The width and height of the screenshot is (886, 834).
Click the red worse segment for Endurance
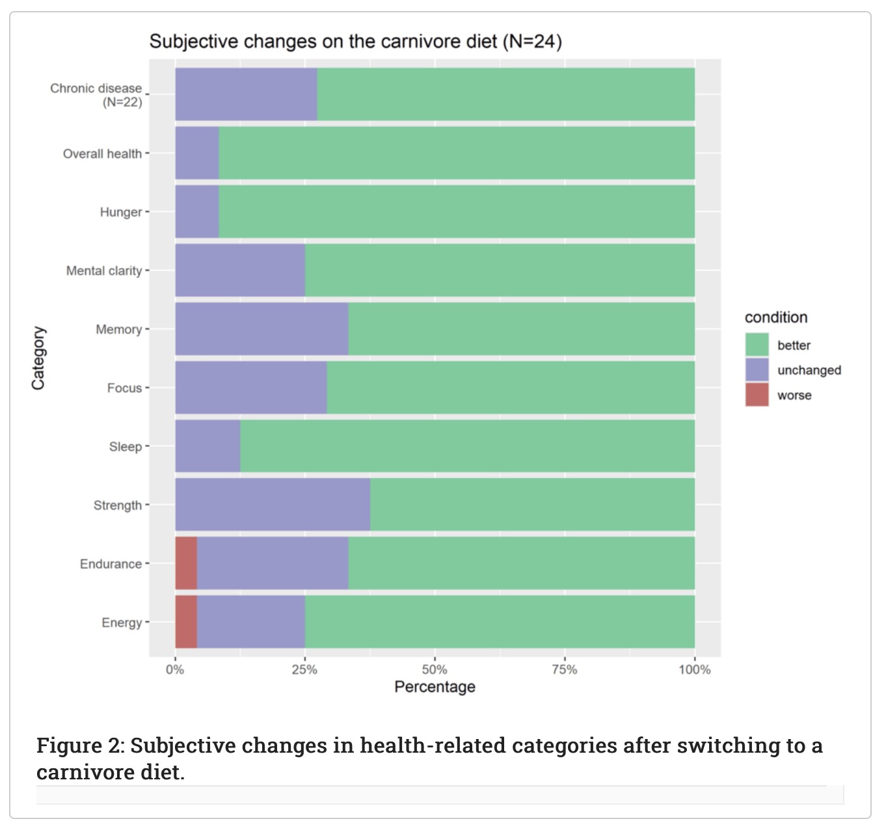[186, 563]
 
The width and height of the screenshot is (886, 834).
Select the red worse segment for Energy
[186, 622]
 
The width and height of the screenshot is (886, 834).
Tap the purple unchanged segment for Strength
[273, 505]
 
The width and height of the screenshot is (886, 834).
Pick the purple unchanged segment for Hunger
[197, 211]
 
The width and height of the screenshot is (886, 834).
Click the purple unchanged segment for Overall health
[197, 153]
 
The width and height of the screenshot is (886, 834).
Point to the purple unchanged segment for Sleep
[208, 446]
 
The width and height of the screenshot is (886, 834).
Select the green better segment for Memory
[521, 329]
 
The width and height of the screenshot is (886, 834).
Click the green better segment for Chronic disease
[505, 94]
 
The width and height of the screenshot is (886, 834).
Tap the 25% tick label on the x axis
[304, 669]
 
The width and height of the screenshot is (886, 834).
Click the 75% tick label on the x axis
[564, 669]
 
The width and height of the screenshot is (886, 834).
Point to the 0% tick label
[175, 669]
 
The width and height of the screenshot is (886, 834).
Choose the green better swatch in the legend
[757, 345]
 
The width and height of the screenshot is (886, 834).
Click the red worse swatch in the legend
[757, 395]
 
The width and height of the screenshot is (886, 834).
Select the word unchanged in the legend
[809, 370]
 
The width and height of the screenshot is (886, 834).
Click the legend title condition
[775, 317]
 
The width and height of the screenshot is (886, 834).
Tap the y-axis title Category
[38, 358]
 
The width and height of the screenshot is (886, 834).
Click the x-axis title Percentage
[435, 687]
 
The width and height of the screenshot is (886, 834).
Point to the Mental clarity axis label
[104, 271]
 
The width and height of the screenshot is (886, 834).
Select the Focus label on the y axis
[124, 388]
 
